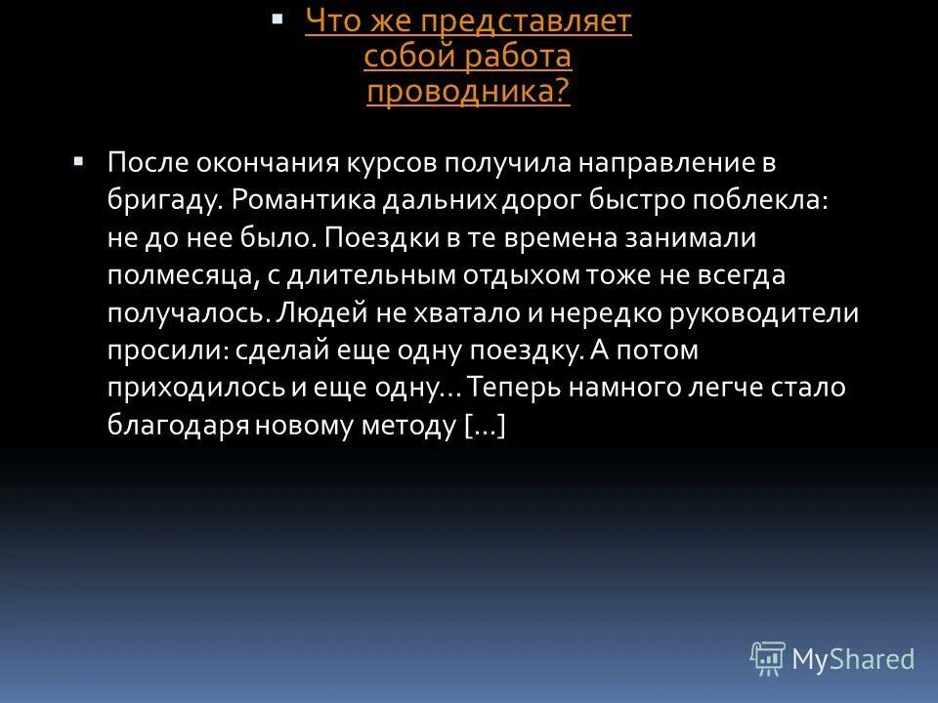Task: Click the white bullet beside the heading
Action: click(277, 19)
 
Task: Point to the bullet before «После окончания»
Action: click(80, 159)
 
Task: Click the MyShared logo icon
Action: click(767, 658)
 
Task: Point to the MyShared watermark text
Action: click(853, 659)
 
